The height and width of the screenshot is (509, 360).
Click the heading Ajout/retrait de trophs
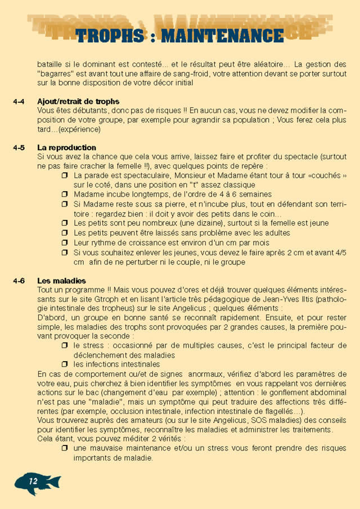coord(78,102)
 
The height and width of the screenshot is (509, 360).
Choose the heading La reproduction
coord(66,148)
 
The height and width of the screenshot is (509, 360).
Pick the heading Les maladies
coord(61,281)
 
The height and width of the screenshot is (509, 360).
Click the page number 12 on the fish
coord(33,481)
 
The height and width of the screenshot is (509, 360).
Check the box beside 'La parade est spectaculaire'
coord(65,175)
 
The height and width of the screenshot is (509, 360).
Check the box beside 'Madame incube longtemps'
coord(65,194)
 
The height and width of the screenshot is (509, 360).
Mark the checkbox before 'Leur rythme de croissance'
coord(65,242)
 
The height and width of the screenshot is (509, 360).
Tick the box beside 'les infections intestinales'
coord(65,364)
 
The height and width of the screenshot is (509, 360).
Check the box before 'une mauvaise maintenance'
coord(65,448)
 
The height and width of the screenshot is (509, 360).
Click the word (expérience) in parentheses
coord(79,129)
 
